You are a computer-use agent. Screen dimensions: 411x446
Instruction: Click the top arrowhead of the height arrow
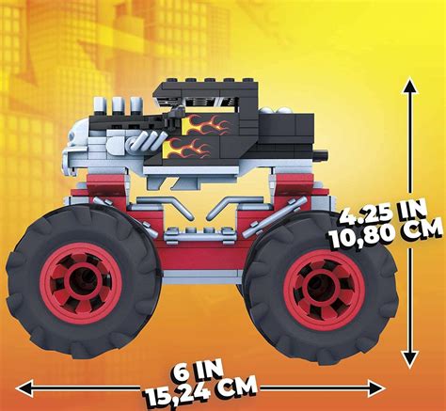[408, 87]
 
